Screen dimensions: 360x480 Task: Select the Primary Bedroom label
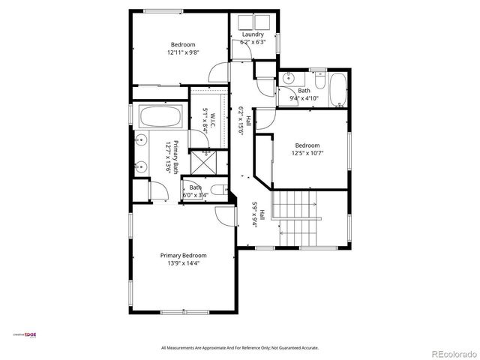(183, 255)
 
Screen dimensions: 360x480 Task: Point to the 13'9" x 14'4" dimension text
(183, 263)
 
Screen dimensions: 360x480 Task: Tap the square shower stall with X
(201, 161)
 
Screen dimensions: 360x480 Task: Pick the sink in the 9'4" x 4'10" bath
(288, 77)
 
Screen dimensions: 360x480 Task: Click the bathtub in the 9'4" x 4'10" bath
(338, 88)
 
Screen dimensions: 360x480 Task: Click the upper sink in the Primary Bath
(140, 139)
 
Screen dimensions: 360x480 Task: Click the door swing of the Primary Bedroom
(222, 216)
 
